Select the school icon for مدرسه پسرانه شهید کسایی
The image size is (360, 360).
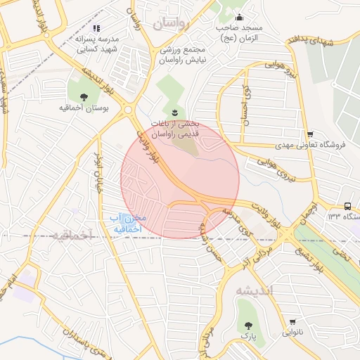pyautogui.click(x=96, y=28)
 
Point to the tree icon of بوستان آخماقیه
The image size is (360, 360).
pyautogui.click(x=84, y=97)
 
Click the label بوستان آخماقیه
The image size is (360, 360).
pyautogui.click(x=83, y=110)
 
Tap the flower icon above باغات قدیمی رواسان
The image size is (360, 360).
pyautogui.click(x=174, y=112)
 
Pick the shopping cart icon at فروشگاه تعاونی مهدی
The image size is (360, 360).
pyautogui.click(x=310, y=134)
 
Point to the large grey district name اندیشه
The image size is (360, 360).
pyautogui.click(x=252, y=290)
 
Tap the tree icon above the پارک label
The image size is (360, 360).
pyautogui.click(x=248, y=326)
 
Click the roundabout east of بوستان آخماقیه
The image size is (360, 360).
pyautogui.click(x=127, y=109)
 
